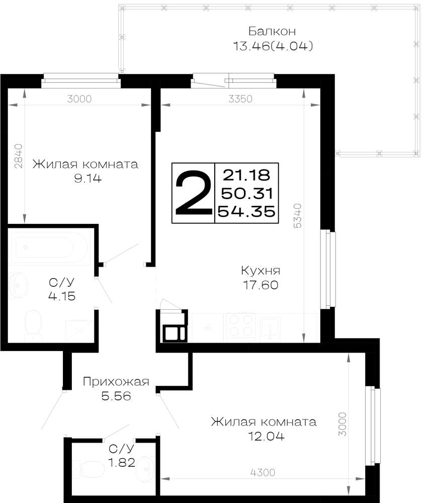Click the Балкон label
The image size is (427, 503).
[x=272, y=31]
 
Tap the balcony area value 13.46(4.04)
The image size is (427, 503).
[x=273, y=46]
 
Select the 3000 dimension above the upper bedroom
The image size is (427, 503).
[x=79, y=99]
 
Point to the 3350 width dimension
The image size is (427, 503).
[x=240, y=99]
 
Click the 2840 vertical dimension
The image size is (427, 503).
[x=19, y=156]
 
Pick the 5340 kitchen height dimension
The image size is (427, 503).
[x=298, y=216]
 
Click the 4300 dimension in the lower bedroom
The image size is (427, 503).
[x=263, y=472]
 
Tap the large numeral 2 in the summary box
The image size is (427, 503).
[x=194, y=193]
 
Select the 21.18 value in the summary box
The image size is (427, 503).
[x=246, y=175]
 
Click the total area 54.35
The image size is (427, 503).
[x=246, y=212]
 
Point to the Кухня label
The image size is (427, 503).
[x=261, y=271]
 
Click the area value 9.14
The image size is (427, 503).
[x=88, y=179]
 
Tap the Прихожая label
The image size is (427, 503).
[x=116, y=381]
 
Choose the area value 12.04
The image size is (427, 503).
[x=266, y=436]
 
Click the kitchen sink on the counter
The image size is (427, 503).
[x=270, y=328]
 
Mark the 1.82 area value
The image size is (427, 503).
[x=122, y=463]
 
